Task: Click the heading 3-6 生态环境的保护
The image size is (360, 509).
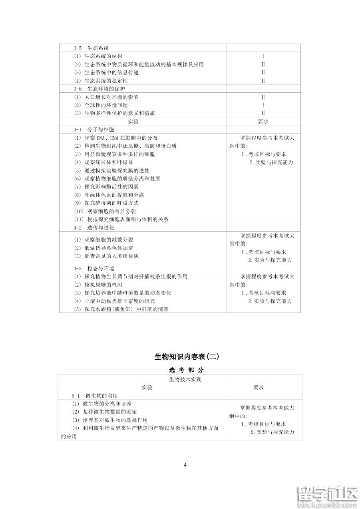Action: [x=97, y=89]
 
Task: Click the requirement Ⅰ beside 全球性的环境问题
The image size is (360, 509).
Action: [x=263, y=105]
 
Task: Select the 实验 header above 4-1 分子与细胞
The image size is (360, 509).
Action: [x=133, y=121]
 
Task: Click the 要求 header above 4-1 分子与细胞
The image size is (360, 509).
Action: [x=263, y=121]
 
